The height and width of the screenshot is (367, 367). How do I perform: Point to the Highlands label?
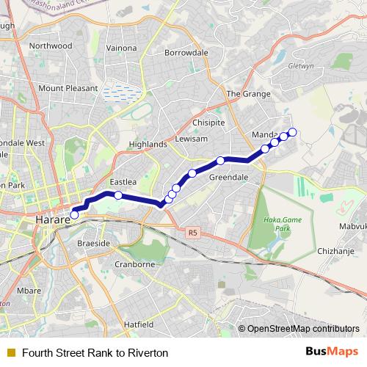coord(148,145)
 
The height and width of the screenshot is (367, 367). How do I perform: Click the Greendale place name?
coord(228,178)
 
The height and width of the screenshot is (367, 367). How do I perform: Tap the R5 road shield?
coord(193,233)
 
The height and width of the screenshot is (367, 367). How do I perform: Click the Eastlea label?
coord(123,181)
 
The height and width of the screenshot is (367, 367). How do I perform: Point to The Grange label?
coord(244,94)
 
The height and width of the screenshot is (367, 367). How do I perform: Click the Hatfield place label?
coord(138,324)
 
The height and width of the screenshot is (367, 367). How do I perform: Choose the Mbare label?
coord(29,291)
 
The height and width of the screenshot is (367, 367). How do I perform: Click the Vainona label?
coord(121,48)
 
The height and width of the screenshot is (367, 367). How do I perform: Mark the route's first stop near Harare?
coord(74,215)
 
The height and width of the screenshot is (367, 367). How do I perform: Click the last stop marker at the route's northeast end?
coord(292,132)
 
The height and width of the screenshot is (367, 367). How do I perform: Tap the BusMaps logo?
coord(333,352)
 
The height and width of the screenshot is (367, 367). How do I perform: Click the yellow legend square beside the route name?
coord(10,352)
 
